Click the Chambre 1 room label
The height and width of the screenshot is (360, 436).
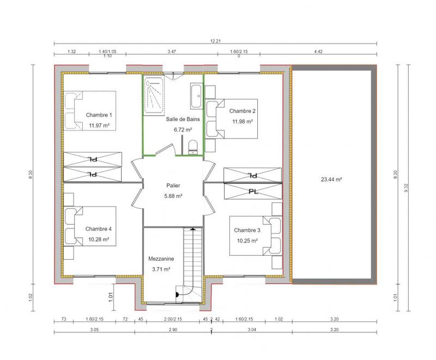(99, 115)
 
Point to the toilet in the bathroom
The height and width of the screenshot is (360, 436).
(191, 147)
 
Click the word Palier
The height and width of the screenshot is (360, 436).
(173, 185)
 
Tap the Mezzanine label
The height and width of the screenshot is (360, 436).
(160, 259)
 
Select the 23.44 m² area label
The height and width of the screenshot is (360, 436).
(331, 179)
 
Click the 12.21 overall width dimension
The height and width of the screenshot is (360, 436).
(216, 41)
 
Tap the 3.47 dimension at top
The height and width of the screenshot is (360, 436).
(173, 52)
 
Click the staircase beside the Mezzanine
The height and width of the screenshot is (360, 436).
(190, 262)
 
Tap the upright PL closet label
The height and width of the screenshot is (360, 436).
(252, 192)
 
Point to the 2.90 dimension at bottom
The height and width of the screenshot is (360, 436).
(173, 331)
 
